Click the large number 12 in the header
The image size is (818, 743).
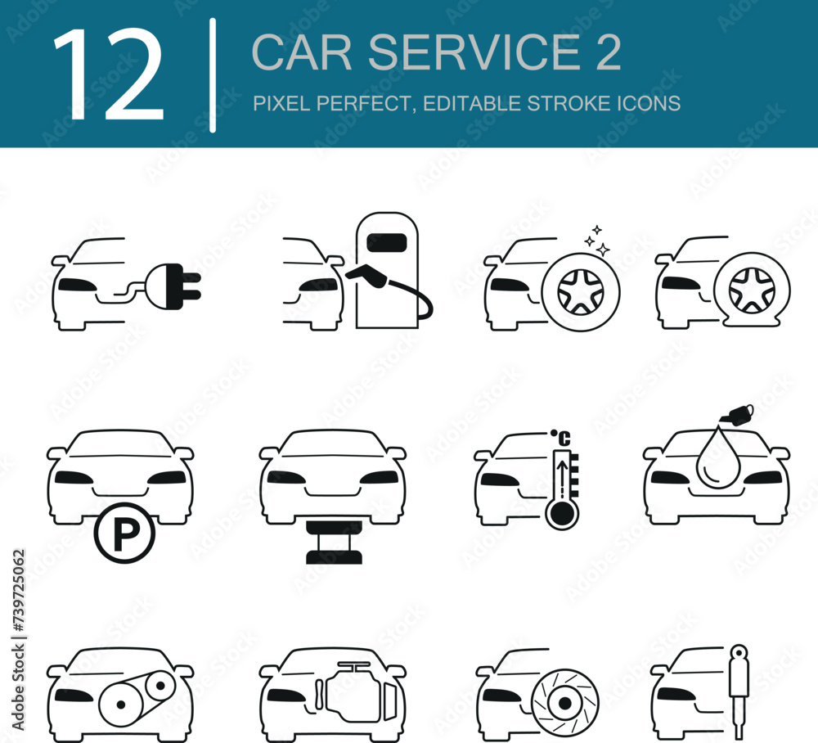[108, 74]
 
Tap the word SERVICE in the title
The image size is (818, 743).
[474, 52]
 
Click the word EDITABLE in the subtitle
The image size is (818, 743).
[472, 103]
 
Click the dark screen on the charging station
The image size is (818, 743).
[387, 243]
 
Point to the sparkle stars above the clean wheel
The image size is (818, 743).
[597, 241]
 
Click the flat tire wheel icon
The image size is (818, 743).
[752, 290]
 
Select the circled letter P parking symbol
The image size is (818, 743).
[124, 533]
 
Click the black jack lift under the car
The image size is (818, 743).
[334, 543]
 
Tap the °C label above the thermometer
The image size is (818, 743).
[561, 438]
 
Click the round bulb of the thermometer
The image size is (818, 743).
[561, 515]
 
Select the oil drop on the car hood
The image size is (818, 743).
[718, 459]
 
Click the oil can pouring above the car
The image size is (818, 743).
[737, 413]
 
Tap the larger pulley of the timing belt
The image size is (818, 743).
[121, 705]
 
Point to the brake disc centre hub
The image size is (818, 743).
[564, 704]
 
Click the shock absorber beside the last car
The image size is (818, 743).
[739, 692]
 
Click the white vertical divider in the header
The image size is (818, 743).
[213, 75]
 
